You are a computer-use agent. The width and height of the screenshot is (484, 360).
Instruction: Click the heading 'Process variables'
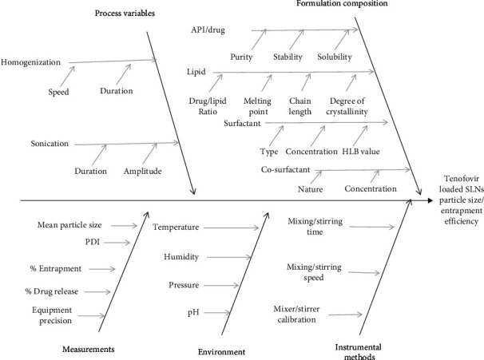tap(125, 13)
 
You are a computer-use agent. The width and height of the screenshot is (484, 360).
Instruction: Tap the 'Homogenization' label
tap(34, 61)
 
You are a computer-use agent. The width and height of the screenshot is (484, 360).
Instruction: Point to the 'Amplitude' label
tap(144, 171)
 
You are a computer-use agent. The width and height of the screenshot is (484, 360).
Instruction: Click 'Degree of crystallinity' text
tap(348, 106)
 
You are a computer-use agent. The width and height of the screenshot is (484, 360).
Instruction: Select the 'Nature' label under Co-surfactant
tap(288, 189)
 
